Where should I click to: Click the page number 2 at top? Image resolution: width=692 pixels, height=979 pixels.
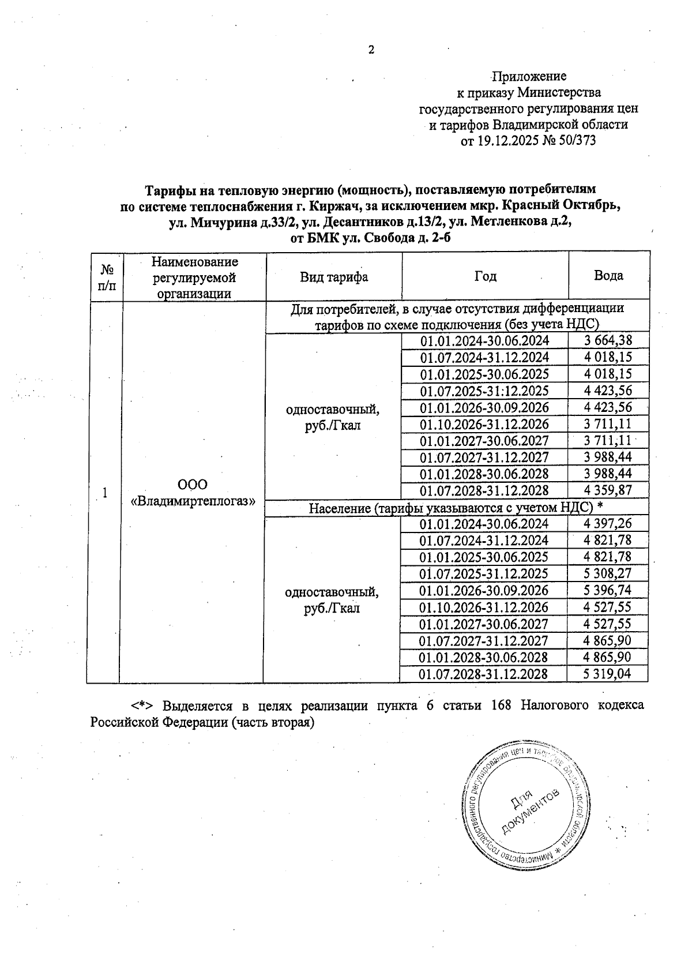tap(371, 50)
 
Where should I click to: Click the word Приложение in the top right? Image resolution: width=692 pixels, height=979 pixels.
tap(529, 76)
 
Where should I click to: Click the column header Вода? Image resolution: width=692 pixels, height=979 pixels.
tap(608, 276)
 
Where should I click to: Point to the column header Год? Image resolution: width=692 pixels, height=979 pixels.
tap(485, 276)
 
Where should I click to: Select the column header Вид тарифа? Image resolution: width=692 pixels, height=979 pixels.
tap(333, 277)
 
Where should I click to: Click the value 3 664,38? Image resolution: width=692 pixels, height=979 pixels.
tap(608, 341)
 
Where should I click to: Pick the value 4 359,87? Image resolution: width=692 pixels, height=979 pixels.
tap(608, 491)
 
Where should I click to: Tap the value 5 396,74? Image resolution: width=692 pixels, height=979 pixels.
tap(608, 590)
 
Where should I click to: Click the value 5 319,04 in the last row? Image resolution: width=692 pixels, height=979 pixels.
tap(607, 674)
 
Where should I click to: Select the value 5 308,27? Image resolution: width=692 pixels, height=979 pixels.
tap(608, 573)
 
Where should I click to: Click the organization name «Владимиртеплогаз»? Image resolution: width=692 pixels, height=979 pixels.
tap(193, 501)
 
